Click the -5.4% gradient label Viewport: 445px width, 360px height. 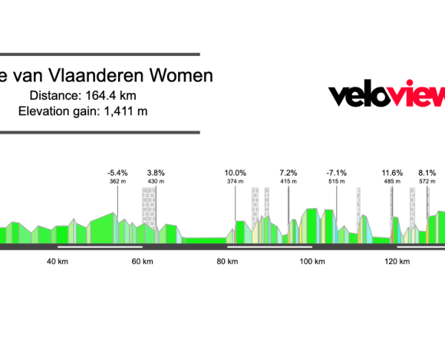point(117,173)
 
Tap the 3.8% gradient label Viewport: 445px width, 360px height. point(156,173)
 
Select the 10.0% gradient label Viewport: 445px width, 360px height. point(235,173)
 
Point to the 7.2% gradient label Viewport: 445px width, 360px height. point(288,173)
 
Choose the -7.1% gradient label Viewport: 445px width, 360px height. point(337,173)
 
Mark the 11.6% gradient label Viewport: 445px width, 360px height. point(392,173)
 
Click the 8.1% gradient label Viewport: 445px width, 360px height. point(427,173)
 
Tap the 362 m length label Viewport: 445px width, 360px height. point(117,182)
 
